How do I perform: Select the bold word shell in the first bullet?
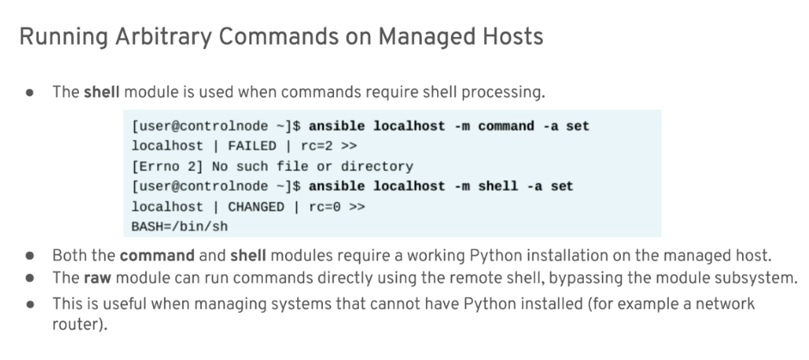pyautogui.click(x=101, y=92)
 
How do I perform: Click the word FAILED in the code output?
pyautogui.click(x=252, y=146)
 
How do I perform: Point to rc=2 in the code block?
pyautogui.click(x=317, y=146)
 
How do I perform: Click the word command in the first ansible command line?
pyautogui.click(x=506, y=126)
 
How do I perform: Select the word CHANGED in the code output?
pyautogui.click(x=256, y=206)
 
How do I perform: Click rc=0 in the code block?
pyautogui.click(x=325, y=206)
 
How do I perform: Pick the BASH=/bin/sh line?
pyautogui.click(x=179, y=227)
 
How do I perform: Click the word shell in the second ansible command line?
pyautogui.click(x=498, y=186)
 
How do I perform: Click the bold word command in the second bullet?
pyautogui.click(x=157, y=256)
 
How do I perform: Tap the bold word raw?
pyautogui.click(x=98, y=278)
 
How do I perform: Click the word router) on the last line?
pyautogui.click(x=80, y=325)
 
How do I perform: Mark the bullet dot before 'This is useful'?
pyautogui.click(x=30, y=304)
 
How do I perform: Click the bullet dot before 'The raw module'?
pyautogui.click(x=30, y=278)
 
